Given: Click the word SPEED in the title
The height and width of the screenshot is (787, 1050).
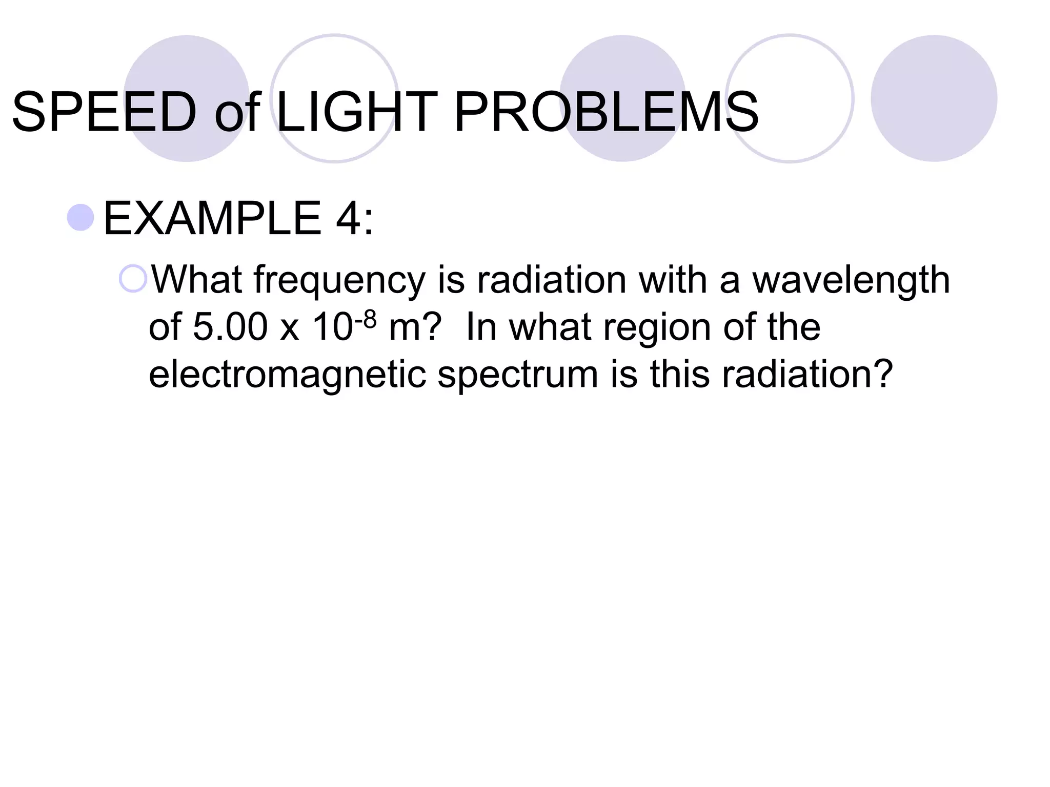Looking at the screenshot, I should click(104, 112).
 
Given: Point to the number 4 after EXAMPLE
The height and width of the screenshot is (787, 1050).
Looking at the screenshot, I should click(349, 219).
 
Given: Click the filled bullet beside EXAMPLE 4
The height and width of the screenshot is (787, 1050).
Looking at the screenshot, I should click(80, 217).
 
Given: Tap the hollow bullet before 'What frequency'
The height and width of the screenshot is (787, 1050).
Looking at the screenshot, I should click(133, 279).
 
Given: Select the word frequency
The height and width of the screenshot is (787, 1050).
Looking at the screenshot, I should click(339, 281).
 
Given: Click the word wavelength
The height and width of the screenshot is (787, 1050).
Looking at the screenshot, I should click(851, 280).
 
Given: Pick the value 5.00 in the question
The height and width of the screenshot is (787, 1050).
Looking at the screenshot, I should click(230, 327).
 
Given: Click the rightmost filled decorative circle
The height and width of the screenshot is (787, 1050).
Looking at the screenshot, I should click(934, 98).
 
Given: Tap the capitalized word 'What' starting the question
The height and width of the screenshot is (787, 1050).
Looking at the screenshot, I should click(196, 280).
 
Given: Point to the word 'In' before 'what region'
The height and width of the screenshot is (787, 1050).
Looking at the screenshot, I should click(481, 327).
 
